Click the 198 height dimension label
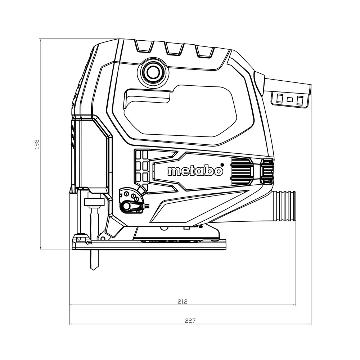click(x=37, y=144)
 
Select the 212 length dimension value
click(x=183, y=301)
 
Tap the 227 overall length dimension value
click(x=190, y=320)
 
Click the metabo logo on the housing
click(x=195, y=171)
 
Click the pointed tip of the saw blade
click(x=93, y=270)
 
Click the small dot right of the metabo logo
click(x=222, y=165)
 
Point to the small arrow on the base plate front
click(x=89, y=243)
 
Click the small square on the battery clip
click(x=290, y=100)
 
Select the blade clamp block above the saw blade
click(x=94, y=202)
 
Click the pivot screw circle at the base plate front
click(x=103, y=238)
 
